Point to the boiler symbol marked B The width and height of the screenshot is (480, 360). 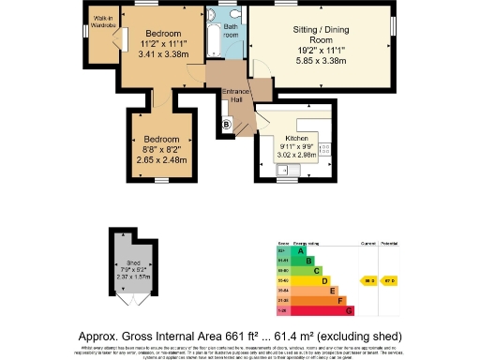pos(225,124)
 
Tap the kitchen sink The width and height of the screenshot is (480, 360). pos(282,170)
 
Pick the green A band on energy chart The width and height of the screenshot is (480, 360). pos(299,250)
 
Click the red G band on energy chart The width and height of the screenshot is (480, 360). pos(349,309)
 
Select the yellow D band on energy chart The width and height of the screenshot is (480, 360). pos(324,279)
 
